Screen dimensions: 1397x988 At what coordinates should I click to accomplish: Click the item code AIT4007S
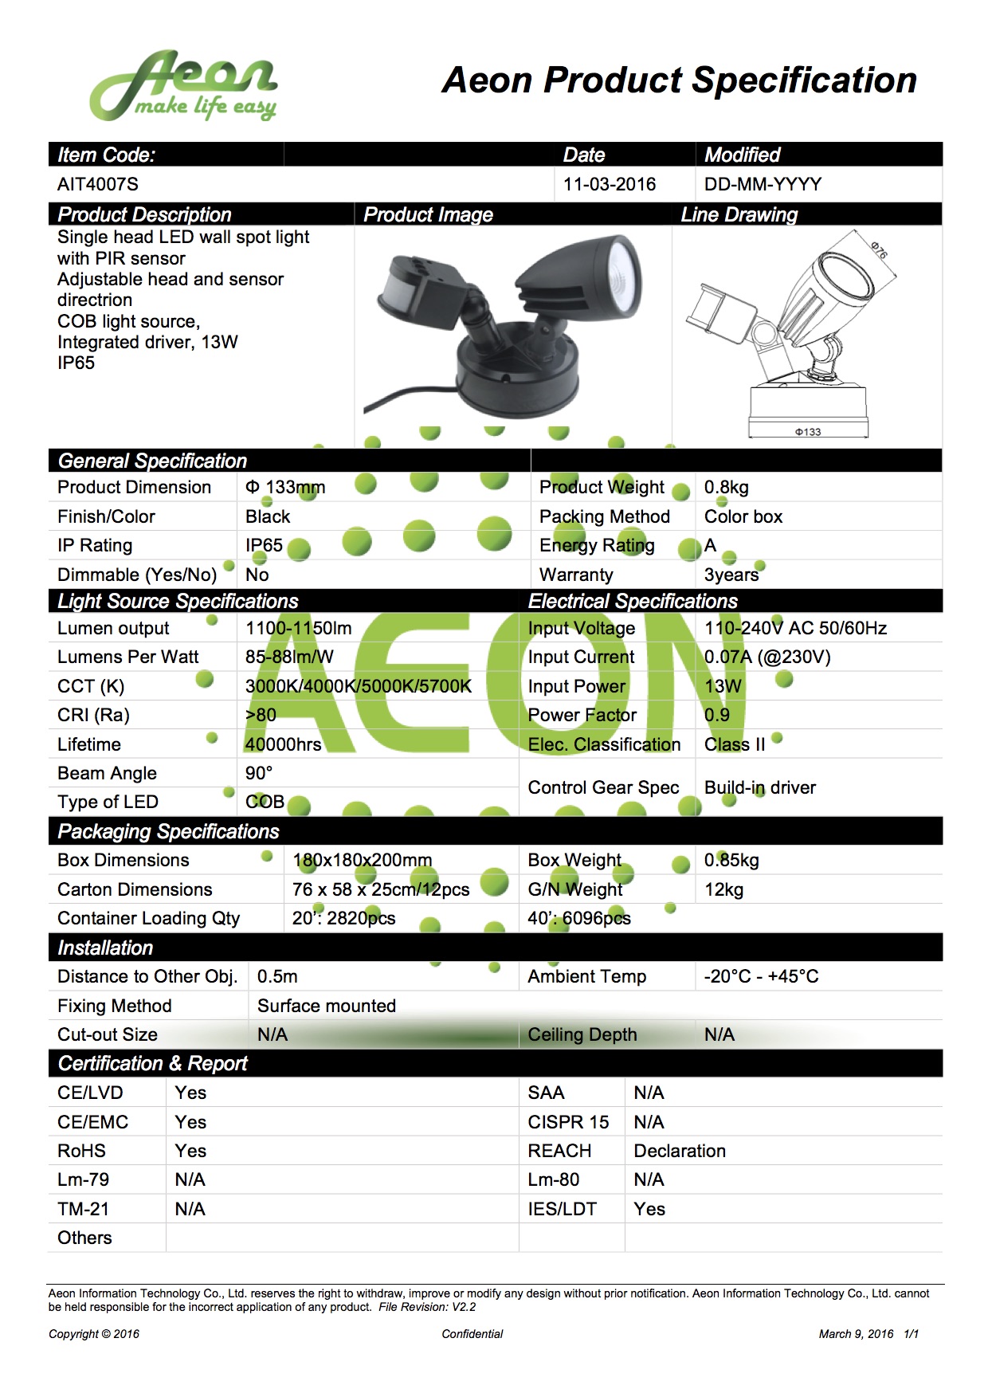pos(98,184)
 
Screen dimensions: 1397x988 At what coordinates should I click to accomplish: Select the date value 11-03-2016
pos(610,184)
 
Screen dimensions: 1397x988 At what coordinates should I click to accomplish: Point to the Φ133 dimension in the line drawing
pos(807,432)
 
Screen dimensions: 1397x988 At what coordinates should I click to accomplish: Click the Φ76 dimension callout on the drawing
pos(878,250)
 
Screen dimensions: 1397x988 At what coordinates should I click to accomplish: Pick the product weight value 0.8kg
pos(726,487)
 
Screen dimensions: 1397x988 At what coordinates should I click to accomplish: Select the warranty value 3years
pos(731,575)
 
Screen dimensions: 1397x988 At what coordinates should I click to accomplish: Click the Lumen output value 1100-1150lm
pos(298,628)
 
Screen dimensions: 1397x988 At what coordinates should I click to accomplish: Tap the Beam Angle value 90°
pos(259,773)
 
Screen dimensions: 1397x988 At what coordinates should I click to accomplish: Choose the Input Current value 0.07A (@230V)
pos(767,657)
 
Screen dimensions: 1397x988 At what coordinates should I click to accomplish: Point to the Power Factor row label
pos(582,715)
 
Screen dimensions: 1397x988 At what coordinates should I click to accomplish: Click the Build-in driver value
pos(760,787)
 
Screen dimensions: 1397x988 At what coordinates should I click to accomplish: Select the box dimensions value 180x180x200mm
pos(363,860)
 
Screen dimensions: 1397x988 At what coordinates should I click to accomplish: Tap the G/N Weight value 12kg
pos(723,889)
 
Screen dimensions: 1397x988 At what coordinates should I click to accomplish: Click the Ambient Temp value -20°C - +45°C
pos(761,976)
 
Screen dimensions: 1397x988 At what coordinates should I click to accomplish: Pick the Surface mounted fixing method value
pos(327,1006)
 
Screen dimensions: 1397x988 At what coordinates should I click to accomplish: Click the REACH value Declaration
pos(680,1151)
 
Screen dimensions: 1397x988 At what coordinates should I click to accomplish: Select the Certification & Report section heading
pos(153,1063)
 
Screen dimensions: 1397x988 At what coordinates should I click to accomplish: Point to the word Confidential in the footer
pos(472,1334)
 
